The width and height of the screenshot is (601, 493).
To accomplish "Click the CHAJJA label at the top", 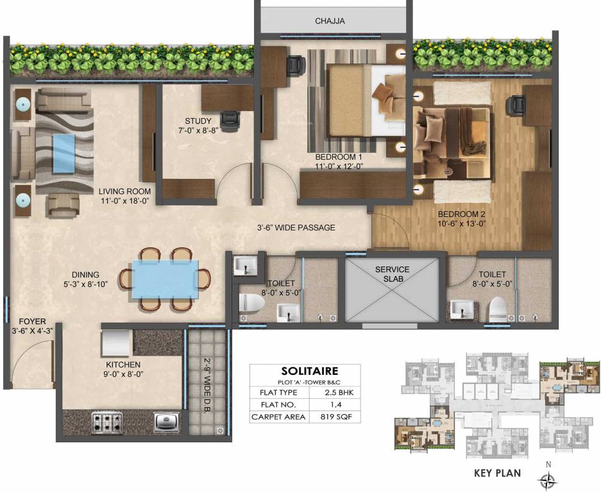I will [330, 21].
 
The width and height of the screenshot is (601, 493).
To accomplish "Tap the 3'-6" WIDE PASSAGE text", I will [296, 227].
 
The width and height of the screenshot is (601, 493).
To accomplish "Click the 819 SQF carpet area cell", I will [334, 418].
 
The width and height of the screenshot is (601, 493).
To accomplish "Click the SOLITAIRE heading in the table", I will [305, 371].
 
